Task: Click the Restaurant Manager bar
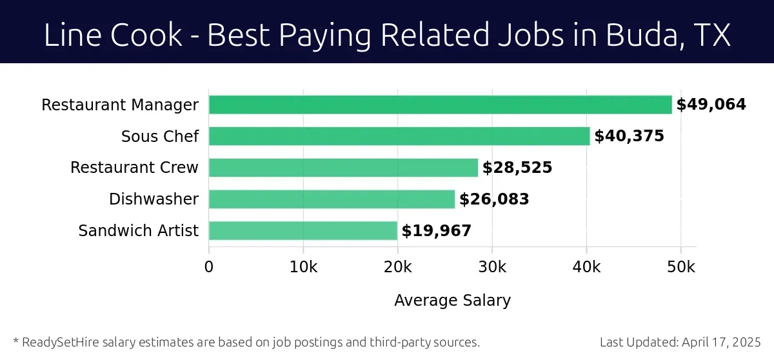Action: (x=440, y=105)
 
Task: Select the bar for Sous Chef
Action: (x=399, y=136)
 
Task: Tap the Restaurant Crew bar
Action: (x=343, y=168)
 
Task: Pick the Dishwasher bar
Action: (x=332, y=199)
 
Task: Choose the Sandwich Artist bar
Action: (x=303, y=231)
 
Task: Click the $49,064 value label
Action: (x=711, y=105)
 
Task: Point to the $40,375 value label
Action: (x=629, y=136)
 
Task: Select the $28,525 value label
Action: (x=517, y=168)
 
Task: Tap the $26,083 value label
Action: (x=494, y=199)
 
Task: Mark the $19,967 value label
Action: (x=437, y=231)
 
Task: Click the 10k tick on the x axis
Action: (x=303, y=267)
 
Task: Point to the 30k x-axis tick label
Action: (x=491, y=267)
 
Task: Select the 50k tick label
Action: (x=680, y=267)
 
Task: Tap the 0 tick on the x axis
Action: (x=209, y=267)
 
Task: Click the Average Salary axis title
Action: (x=452, y=300)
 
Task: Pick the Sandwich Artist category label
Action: (x=138, y=231)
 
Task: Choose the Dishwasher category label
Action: (x=154, y=199)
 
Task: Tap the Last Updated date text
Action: (x=680, y=342)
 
